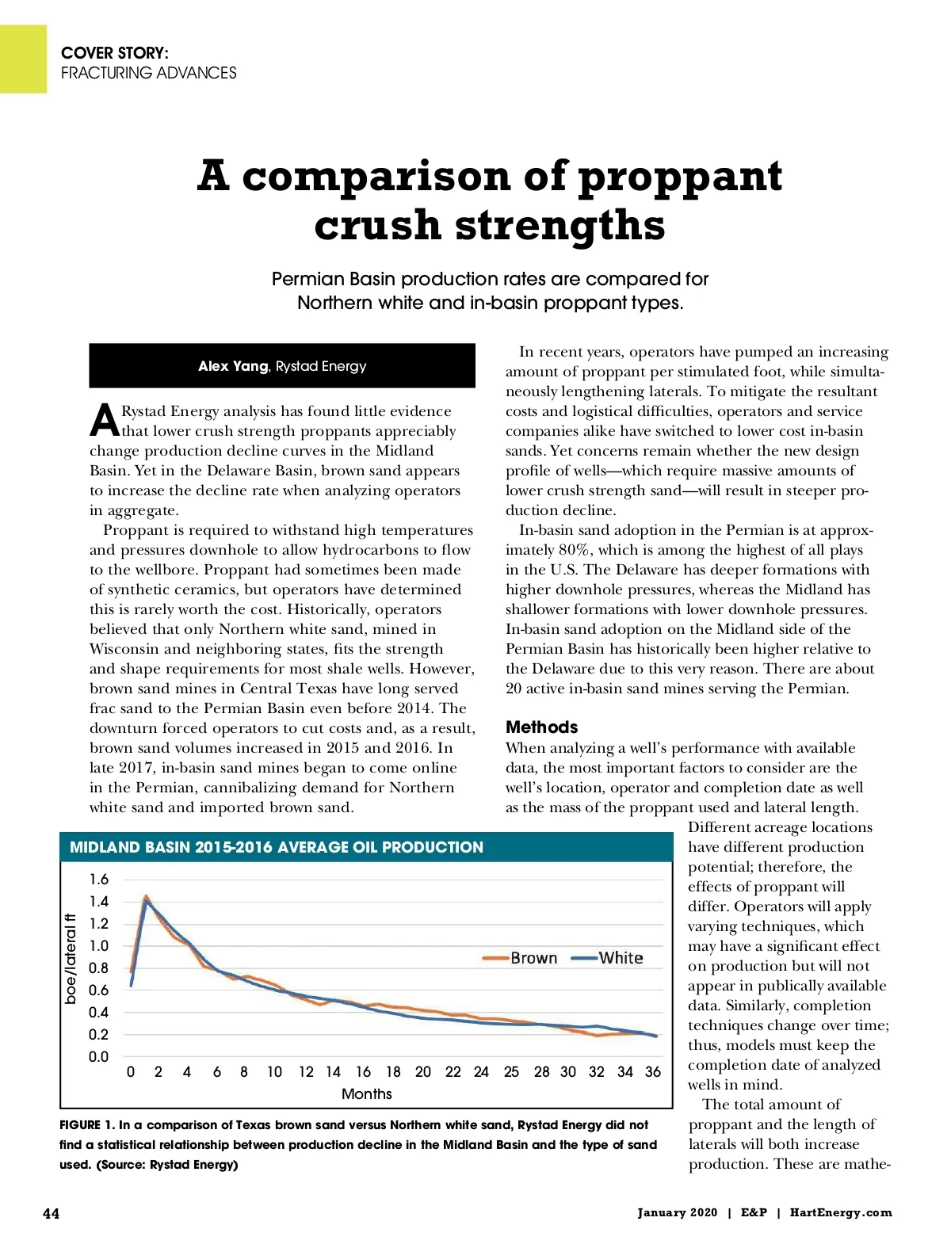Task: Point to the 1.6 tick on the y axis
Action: point(99,880)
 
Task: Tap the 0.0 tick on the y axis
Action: point(99,1056)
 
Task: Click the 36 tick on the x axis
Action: point(652,1072)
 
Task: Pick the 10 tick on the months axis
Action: point(274,1072)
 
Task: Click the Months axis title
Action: point(366,1093)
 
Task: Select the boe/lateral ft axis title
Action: point(71,959)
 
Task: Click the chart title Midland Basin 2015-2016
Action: point(276,847)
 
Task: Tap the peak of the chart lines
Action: point(146,898)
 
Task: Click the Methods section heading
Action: point(542,727)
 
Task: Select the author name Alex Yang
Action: point(233,366)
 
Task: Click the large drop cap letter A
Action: point(104,421)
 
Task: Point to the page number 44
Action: point(51,1213)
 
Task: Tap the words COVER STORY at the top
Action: point(115,53)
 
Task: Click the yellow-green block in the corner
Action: point(23,59)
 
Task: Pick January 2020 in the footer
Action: point(677,1212)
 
